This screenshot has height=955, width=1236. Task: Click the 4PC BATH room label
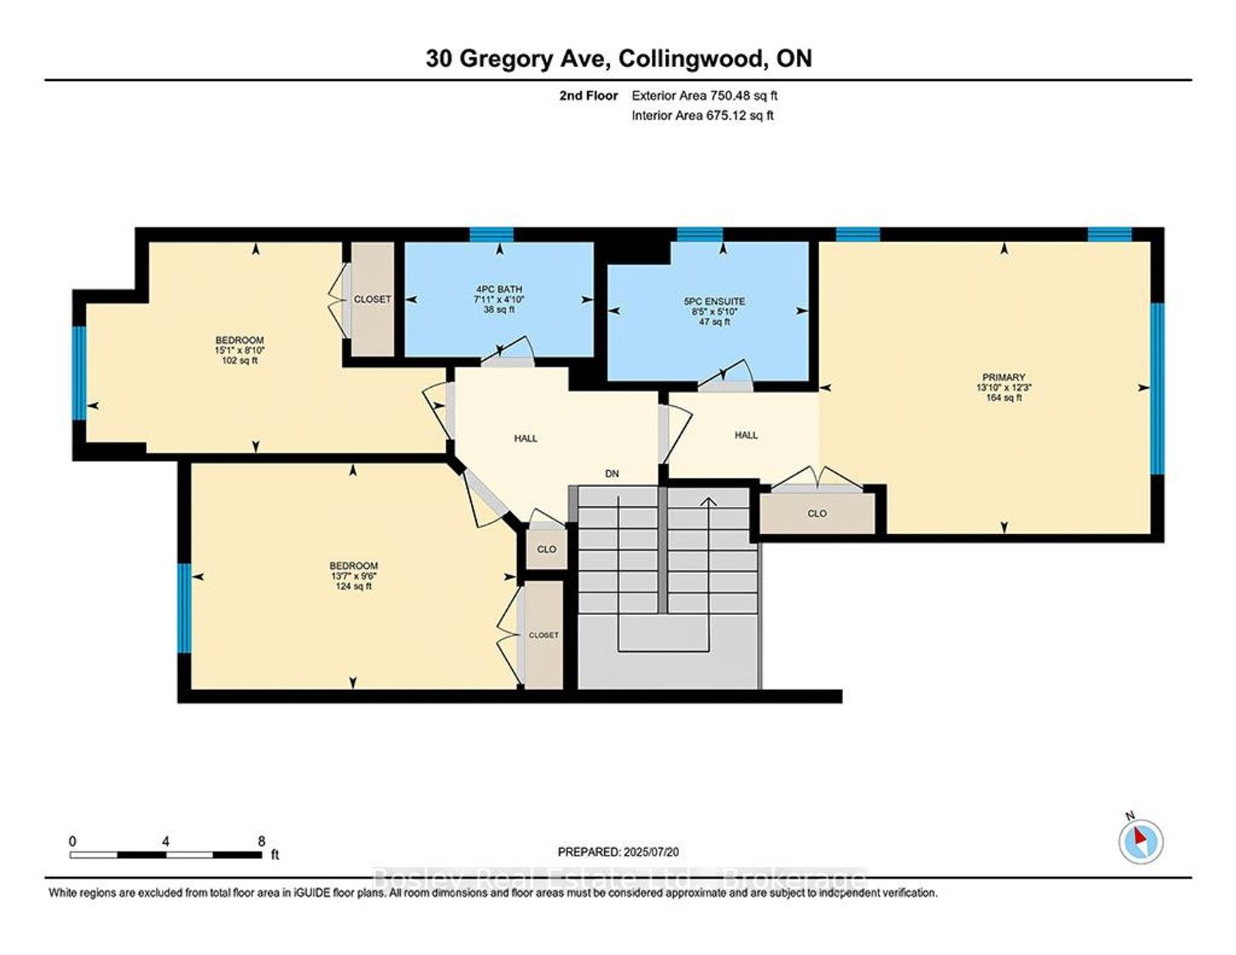(499, 289)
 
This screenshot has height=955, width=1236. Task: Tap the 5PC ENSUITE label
(714, 301)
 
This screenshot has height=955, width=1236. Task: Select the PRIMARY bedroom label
(1004, 377)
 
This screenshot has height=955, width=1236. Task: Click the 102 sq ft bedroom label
(239, 350)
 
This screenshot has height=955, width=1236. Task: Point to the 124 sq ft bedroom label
(354, 576)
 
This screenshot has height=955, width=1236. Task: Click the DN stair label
(612, 474)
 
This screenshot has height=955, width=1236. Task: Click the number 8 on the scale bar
(261, 841)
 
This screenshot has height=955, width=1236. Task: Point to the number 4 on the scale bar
(166, 841)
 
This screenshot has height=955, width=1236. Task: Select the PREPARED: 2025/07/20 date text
(618, 851)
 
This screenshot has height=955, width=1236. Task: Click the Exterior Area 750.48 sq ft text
(704, 95)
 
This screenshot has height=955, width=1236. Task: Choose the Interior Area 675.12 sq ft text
(703, 115)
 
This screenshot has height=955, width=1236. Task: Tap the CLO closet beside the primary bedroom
(817, 514)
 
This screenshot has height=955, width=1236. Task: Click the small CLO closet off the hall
(547, 549)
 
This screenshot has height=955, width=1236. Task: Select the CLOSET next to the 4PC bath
(372, 299)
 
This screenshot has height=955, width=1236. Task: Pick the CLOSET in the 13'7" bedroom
(544, 634)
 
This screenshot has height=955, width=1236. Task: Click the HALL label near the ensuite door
(746, 435)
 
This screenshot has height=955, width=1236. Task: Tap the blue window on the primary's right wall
(1157, 388)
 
